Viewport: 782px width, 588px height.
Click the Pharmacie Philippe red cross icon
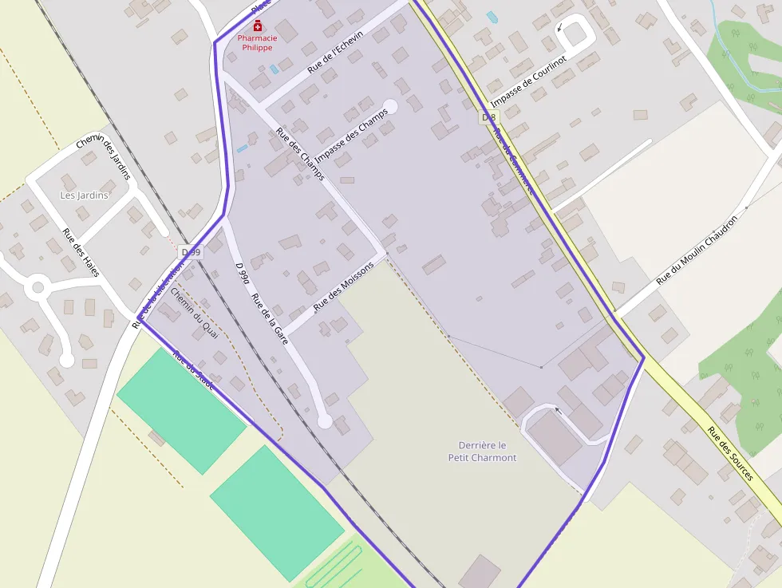pos(256,26)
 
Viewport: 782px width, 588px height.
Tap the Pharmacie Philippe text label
pos(256,43)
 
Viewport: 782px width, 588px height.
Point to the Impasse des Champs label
pos(351,135)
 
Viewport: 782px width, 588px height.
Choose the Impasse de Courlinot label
pos(528,82)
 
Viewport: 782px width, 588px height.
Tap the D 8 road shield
pos(488,117)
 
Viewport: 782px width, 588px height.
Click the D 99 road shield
pos(192,252)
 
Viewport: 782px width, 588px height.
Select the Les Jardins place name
pos(84,195)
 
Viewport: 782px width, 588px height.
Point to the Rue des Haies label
pos(81,253)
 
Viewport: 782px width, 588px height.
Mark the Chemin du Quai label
pos(194,310)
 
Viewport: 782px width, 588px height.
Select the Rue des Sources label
pos(730,453)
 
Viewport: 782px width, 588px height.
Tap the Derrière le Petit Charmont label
pos(482,452)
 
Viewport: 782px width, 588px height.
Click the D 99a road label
pos(243,273)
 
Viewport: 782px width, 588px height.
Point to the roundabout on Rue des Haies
pos(37,287)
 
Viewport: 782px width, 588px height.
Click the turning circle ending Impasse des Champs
pos(390,106)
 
